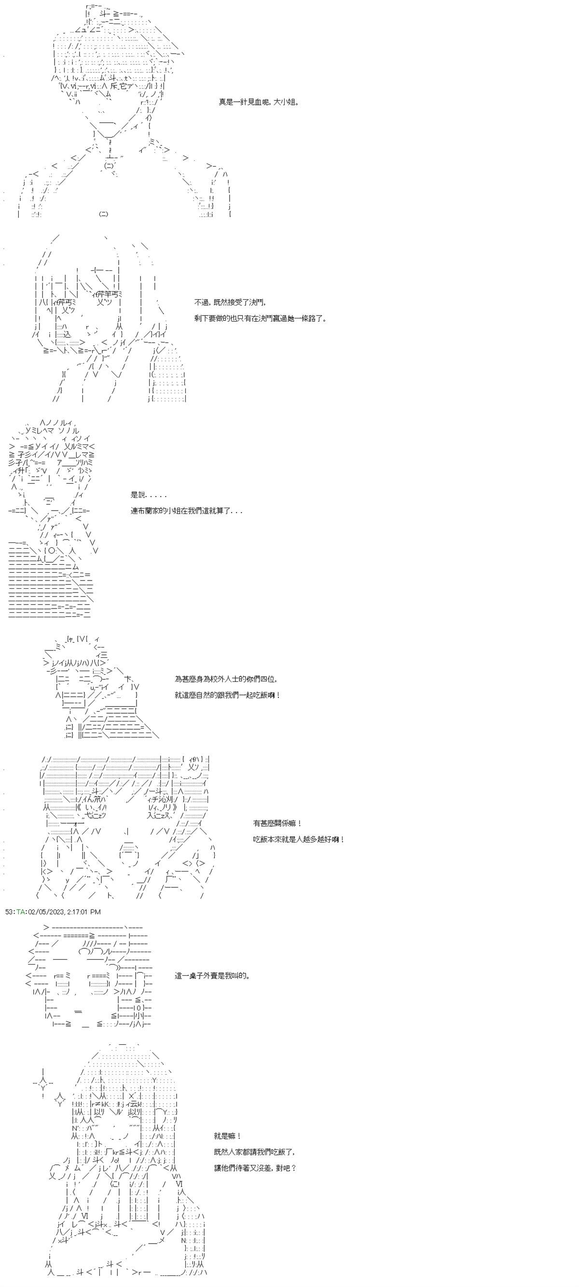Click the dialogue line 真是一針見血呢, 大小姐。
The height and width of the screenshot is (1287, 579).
click(x=259, y=102)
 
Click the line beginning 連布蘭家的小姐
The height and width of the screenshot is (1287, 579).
click(x=186, y=511)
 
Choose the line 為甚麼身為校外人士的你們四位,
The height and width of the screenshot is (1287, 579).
click(x=226, y=679)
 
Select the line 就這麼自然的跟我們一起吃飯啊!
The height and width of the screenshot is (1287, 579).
click(x=227, y=695)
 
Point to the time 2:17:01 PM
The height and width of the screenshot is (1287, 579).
click(x=84, y=911)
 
